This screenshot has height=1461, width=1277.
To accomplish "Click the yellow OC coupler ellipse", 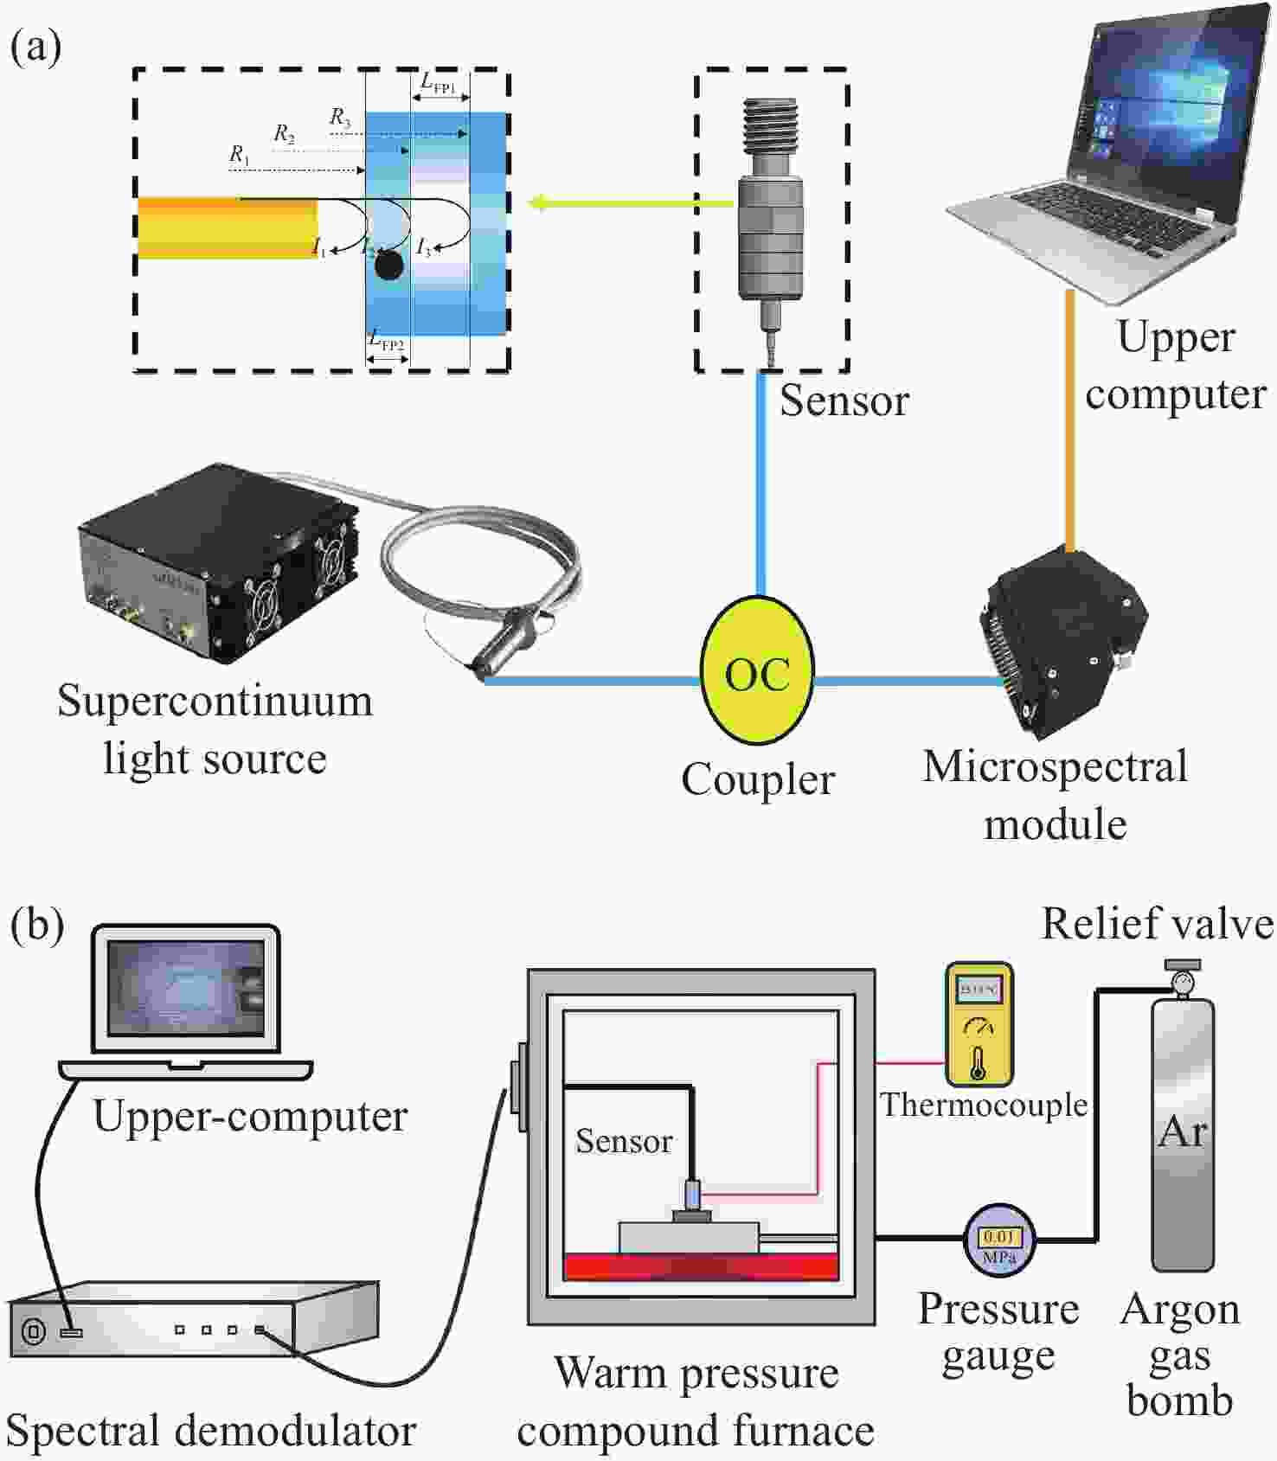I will [757, 672].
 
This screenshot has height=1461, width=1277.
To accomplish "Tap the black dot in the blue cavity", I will [389, 266].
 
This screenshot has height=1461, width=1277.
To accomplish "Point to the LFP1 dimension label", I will [439, 83].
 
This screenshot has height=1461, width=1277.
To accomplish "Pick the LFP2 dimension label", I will [387, 340].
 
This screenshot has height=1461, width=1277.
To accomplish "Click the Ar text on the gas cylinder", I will [1183, 1131].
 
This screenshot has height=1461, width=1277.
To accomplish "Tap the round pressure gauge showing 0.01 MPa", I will [999, 1240].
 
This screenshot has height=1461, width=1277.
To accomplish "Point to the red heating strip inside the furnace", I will [701, 1266].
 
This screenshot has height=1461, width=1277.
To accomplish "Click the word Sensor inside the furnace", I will [624, 1142].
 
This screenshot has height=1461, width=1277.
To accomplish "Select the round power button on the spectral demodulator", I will [33, 1330].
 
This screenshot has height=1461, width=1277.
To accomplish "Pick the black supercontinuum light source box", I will [216, 562].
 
